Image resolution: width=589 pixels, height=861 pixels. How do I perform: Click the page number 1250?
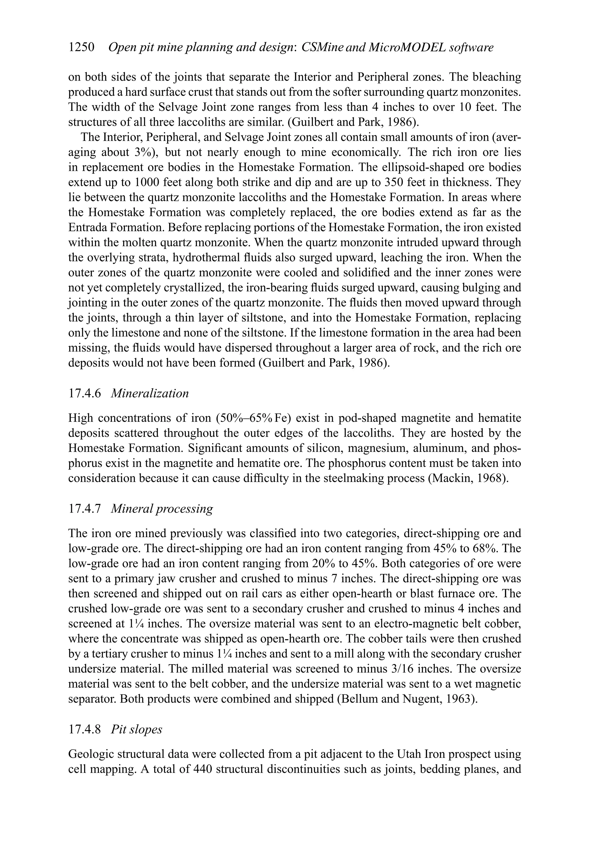pos(82,47)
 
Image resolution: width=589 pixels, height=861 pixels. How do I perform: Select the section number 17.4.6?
pos(85,394)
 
